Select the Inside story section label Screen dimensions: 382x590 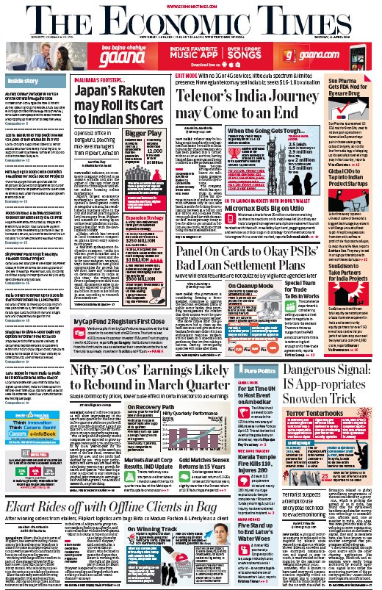24,80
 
